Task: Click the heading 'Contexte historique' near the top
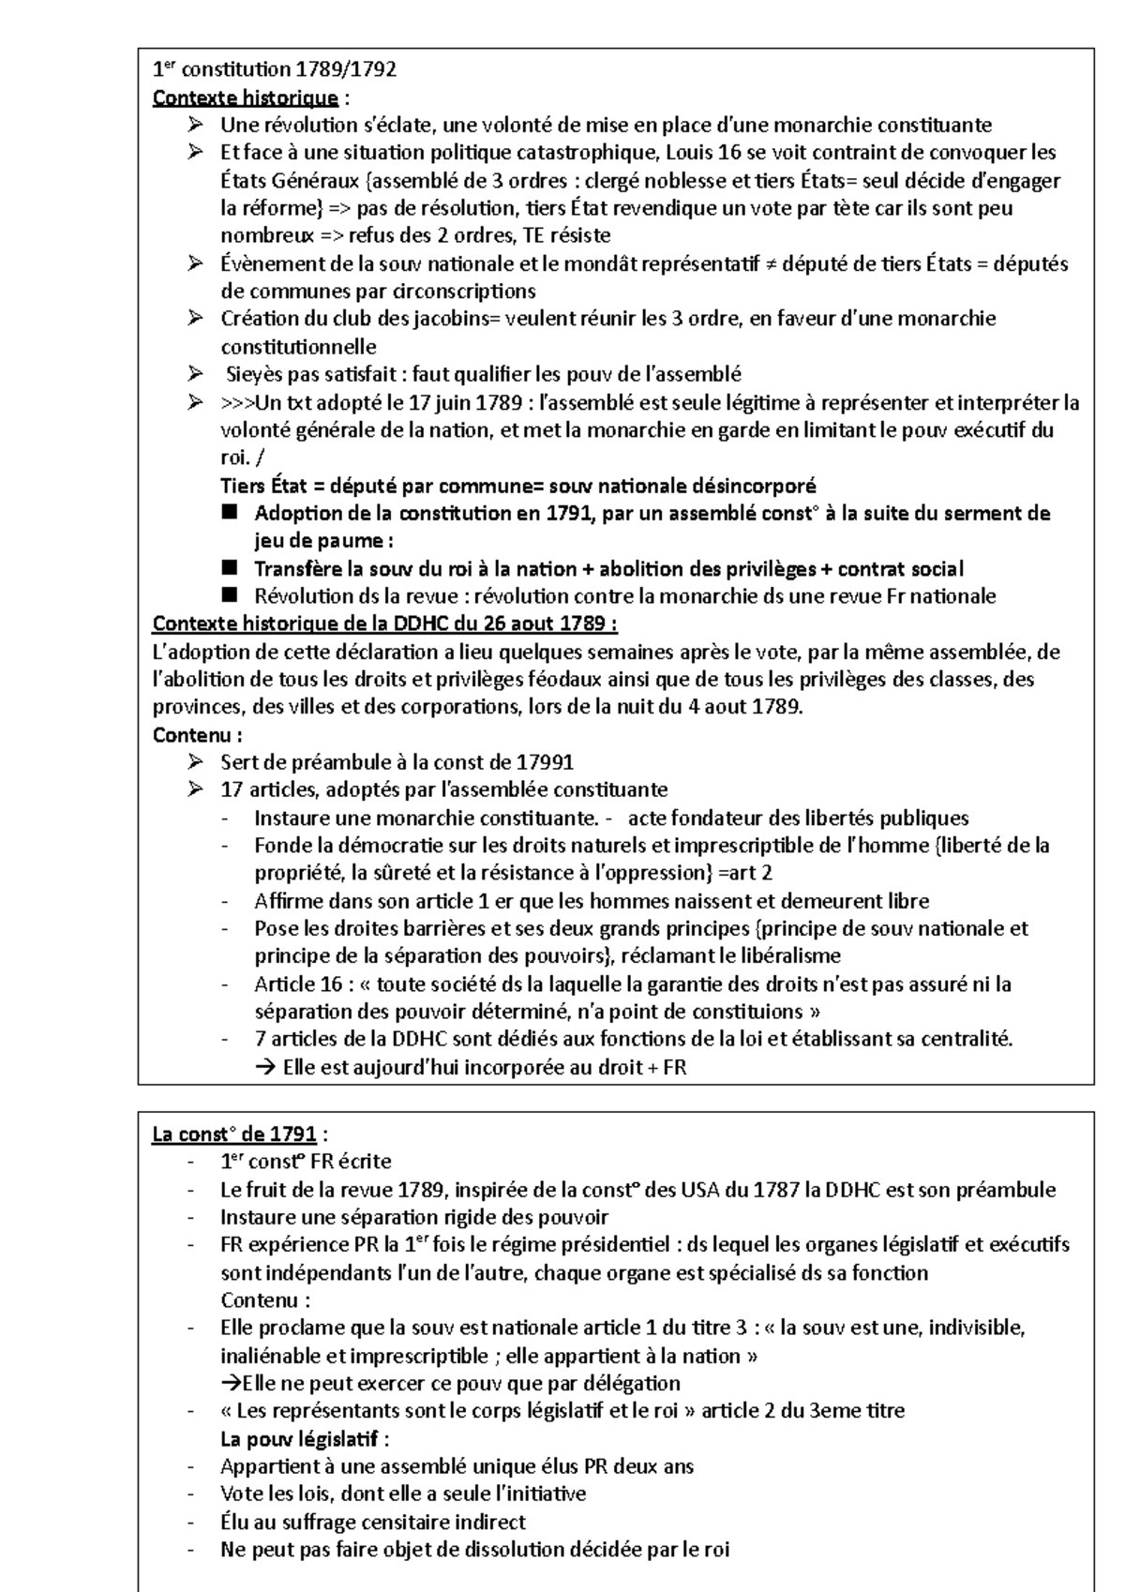(245, 98)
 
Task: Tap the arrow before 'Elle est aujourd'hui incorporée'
(263, 1068)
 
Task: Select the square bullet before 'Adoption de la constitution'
(231, 514)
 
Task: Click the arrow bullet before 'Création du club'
(194, 319)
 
